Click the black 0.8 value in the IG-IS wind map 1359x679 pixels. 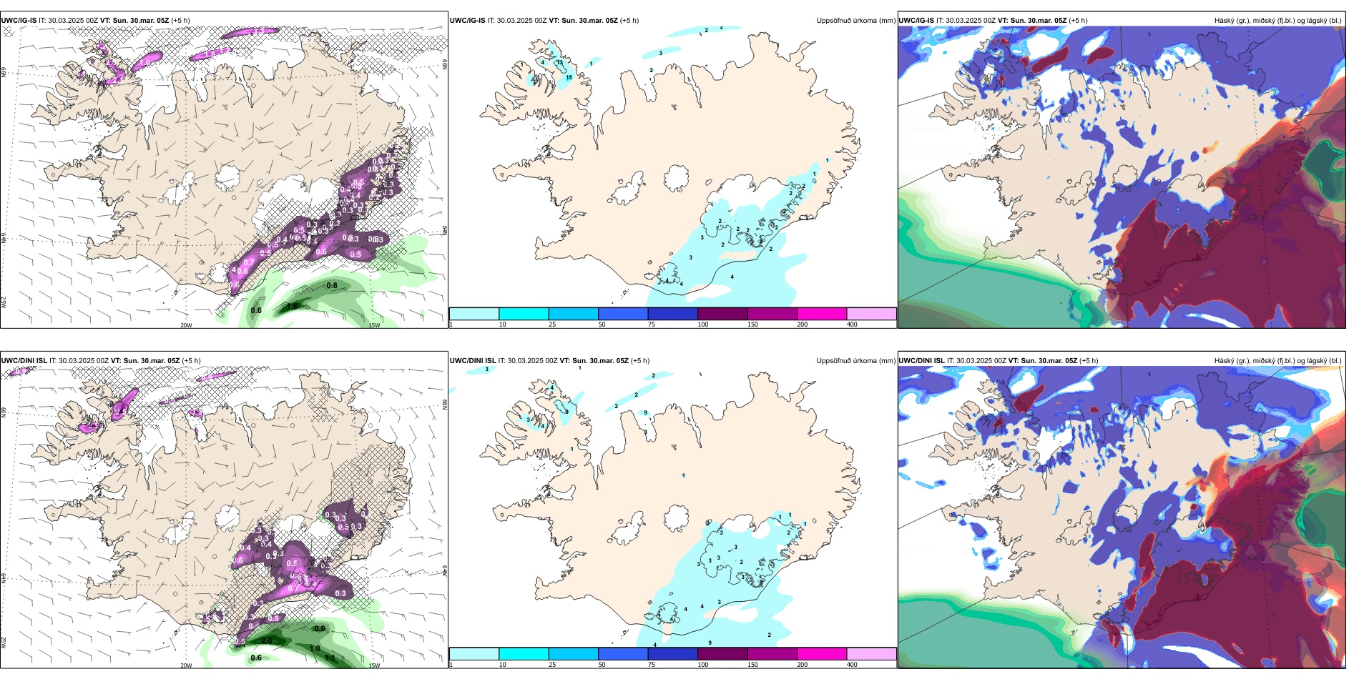332,286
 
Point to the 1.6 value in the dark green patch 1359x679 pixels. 292,306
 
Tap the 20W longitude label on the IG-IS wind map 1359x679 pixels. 186,325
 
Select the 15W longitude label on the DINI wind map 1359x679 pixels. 374,665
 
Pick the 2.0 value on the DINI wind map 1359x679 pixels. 267,640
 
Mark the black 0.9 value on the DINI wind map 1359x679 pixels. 320,629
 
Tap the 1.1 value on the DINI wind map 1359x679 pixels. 330,658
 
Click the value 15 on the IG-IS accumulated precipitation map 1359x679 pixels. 569,77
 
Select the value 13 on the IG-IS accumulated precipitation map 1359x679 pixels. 559,63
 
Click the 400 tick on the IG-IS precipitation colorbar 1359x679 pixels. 852,324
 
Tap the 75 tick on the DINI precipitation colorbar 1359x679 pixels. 652,665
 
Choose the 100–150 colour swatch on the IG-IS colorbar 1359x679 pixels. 722,314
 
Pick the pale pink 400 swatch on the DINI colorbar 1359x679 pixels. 871,654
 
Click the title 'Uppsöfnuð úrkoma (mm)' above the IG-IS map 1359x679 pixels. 855,21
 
